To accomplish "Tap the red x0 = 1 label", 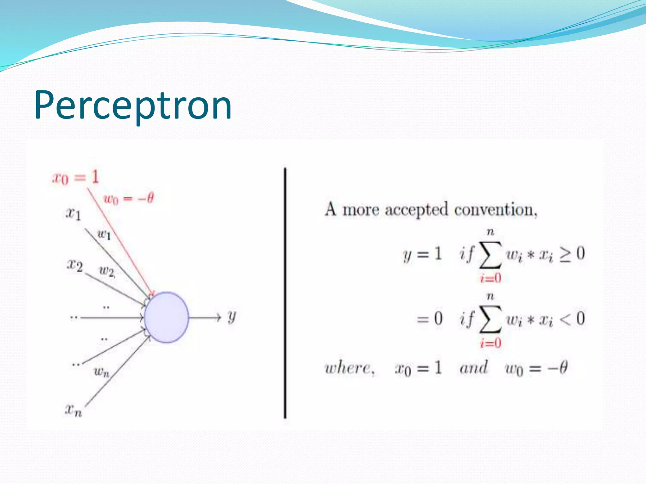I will [x=76, y=177].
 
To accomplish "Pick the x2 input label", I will [x=75, y=265].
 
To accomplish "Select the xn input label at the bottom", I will [x=73, y=410].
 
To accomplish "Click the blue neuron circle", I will [x=167, y=317].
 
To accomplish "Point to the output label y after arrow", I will [x=232, y=316].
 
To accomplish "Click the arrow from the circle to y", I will [x=205, y=317].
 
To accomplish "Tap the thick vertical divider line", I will [x=285, y=293].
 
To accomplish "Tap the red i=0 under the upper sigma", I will [x=490, y=278].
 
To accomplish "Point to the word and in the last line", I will [x=473, y=368].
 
